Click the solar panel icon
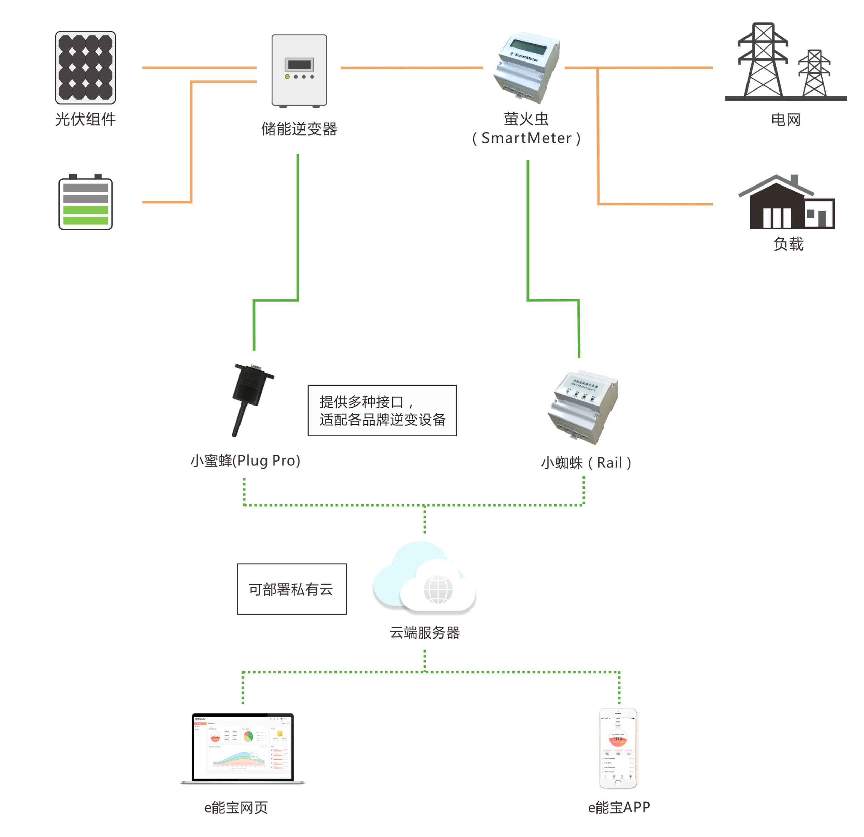pyautogui.click(x=85, y=67)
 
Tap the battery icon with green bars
pyautogui.click(x=85, y=203)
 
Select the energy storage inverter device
pyautogui.click(x=299, y=70)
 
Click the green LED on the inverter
pyautogui.click(x=287, y=77)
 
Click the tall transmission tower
pyautogui.click(x=763, y=60)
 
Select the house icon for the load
pyautogui.click(x=786, y=203)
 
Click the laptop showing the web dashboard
pyautogui.click(x=243, y=749)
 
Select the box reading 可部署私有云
pyautogui.click(x=292, y=589)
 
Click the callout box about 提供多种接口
pyautogui.click(x=382, y=410)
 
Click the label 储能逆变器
pyautogui.click(x=299, y=129)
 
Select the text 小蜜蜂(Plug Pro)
pyautogui.click(x=246, y=461)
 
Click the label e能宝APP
pyautogui.click(x=619, y=808)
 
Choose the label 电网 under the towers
pyautogui.click(x=786, y=120)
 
